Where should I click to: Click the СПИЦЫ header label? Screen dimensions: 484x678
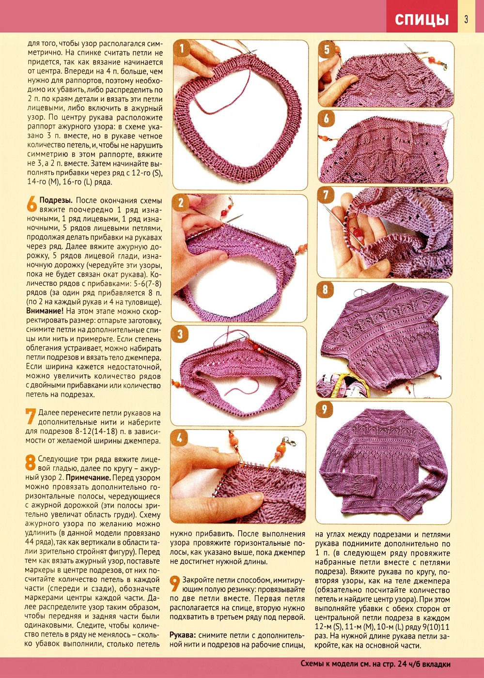422,19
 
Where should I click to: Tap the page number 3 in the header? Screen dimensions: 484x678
466,19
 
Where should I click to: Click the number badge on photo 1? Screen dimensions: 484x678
182,49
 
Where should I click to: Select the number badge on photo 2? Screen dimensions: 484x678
181,202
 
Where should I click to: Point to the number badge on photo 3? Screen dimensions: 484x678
180,334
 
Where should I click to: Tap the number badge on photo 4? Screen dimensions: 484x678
179,438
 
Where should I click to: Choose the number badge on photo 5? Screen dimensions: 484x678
327,49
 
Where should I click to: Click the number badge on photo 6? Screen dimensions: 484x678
326,118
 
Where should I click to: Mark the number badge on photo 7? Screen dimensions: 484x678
326,195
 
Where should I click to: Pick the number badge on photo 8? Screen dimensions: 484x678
325,290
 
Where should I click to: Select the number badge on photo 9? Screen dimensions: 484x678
325,410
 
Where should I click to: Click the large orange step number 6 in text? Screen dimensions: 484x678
31,204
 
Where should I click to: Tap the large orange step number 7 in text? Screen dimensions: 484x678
31,416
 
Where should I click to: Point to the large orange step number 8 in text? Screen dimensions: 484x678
31,463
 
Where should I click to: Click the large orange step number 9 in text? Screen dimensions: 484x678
175,584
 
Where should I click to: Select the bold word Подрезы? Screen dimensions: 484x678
56,200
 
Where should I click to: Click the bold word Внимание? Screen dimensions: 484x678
45,311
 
